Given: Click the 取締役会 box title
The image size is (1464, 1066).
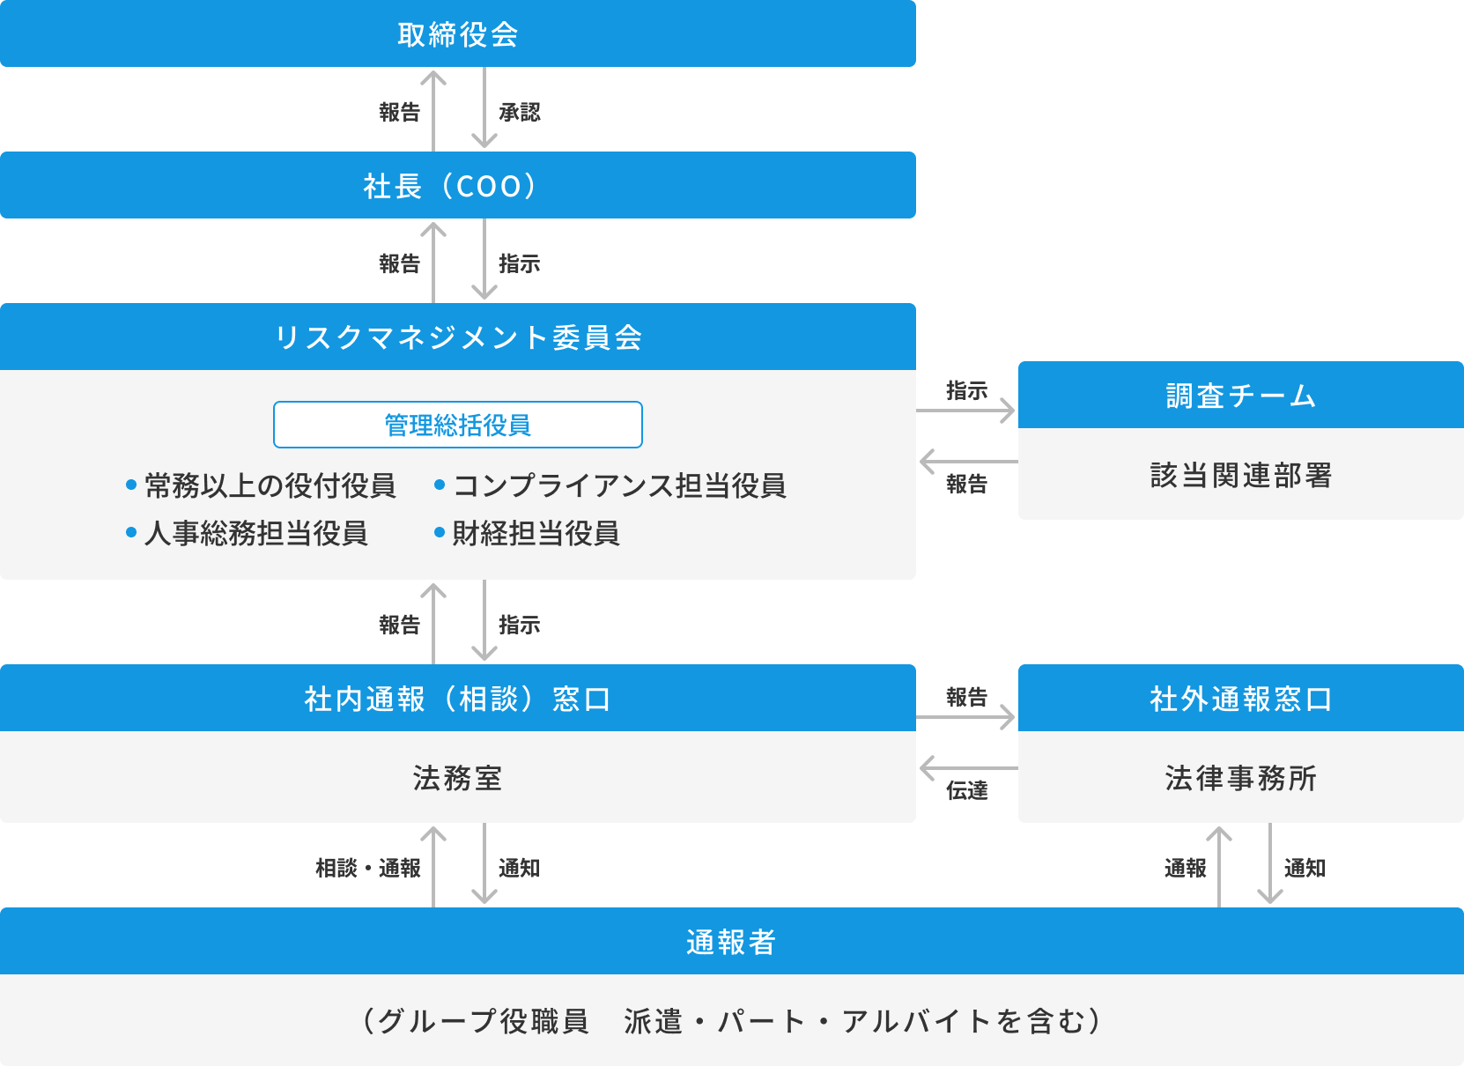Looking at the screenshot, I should click(457, 34).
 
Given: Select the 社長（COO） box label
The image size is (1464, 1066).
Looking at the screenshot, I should click(450, 186).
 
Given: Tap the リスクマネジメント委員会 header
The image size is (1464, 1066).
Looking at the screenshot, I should click(457, 337).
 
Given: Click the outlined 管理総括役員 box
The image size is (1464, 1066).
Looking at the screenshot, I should click(457, 426).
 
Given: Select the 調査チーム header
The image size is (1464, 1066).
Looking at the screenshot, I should click(1240, 396).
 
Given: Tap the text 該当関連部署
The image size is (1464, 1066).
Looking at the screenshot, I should click(1240, 476).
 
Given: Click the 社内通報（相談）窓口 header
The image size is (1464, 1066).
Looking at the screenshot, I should click(457, 699).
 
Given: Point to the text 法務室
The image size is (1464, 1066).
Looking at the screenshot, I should click(457, 778).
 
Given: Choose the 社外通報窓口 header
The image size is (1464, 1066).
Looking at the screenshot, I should click(1240, 699).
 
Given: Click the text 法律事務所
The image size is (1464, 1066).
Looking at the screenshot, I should click(1240, 778).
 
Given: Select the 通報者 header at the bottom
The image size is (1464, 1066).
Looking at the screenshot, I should click(731, 942).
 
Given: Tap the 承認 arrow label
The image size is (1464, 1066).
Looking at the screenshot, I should click(519, 112).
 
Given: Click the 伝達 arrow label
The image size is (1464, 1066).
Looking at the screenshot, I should click(966, 790).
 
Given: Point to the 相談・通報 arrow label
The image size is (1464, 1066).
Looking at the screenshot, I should click(368, 869).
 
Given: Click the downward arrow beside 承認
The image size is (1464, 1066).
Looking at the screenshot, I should click(484, 109).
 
